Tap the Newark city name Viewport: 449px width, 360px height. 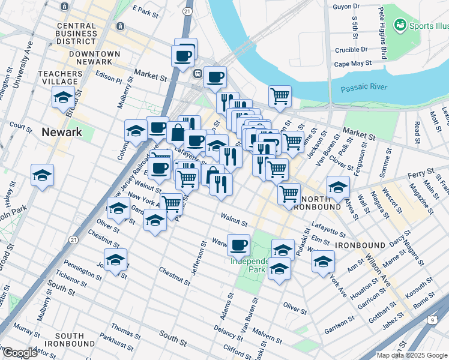tap(62, 132)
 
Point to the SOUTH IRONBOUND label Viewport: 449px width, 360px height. tap(74, 340)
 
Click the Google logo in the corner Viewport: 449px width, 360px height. tap(19, 353)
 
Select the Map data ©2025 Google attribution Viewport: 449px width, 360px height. tap(412, 355)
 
